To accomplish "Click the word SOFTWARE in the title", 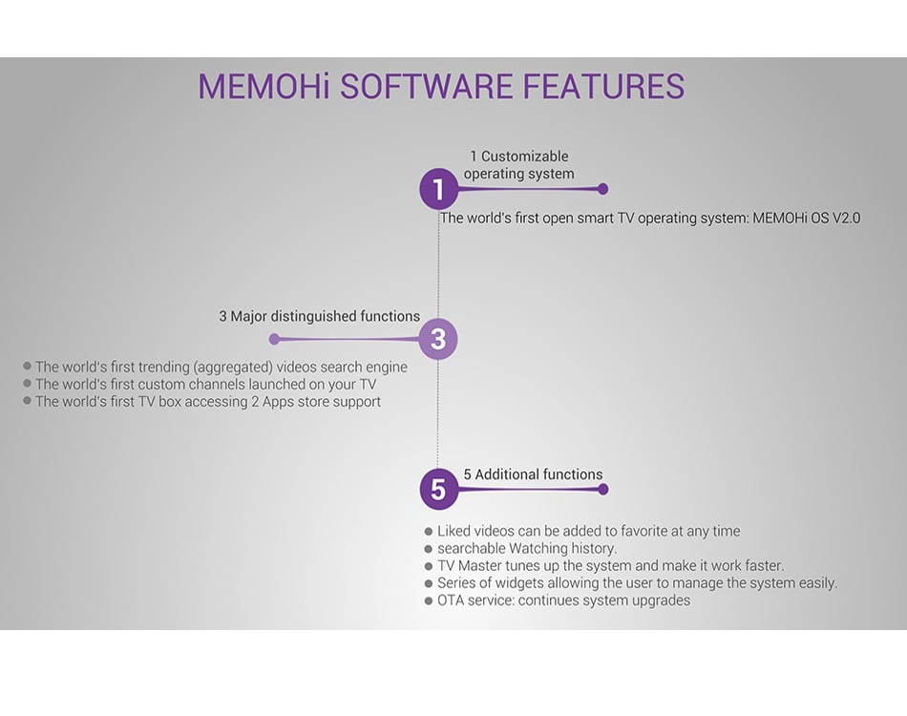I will tap(428, 87).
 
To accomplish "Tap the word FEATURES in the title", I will tap(603, 87).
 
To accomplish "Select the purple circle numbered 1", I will tap(438, 190).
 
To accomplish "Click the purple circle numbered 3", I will tap(438, 339).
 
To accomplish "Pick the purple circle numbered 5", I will tap(438, 490).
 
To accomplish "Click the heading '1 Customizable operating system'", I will tap(518, 165).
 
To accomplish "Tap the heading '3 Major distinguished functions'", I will tap(319, 316).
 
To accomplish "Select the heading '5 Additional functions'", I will tap(533, 474).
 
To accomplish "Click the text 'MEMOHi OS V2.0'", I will tap(806, 218).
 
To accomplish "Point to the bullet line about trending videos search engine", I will tap(221, 367).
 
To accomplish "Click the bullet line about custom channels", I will tap(205, 384).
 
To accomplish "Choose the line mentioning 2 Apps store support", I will tap(207, 402).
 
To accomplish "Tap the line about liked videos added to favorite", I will tap(588, 531).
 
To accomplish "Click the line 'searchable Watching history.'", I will tap(527, 548).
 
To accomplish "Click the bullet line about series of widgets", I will tap(637, 582).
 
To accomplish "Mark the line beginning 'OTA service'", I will tap(563, 600).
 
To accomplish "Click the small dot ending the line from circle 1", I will tap(602, 189).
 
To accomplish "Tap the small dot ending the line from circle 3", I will tap(274, 339).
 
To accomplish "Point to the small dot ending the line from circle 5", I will tap(602, 489).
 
